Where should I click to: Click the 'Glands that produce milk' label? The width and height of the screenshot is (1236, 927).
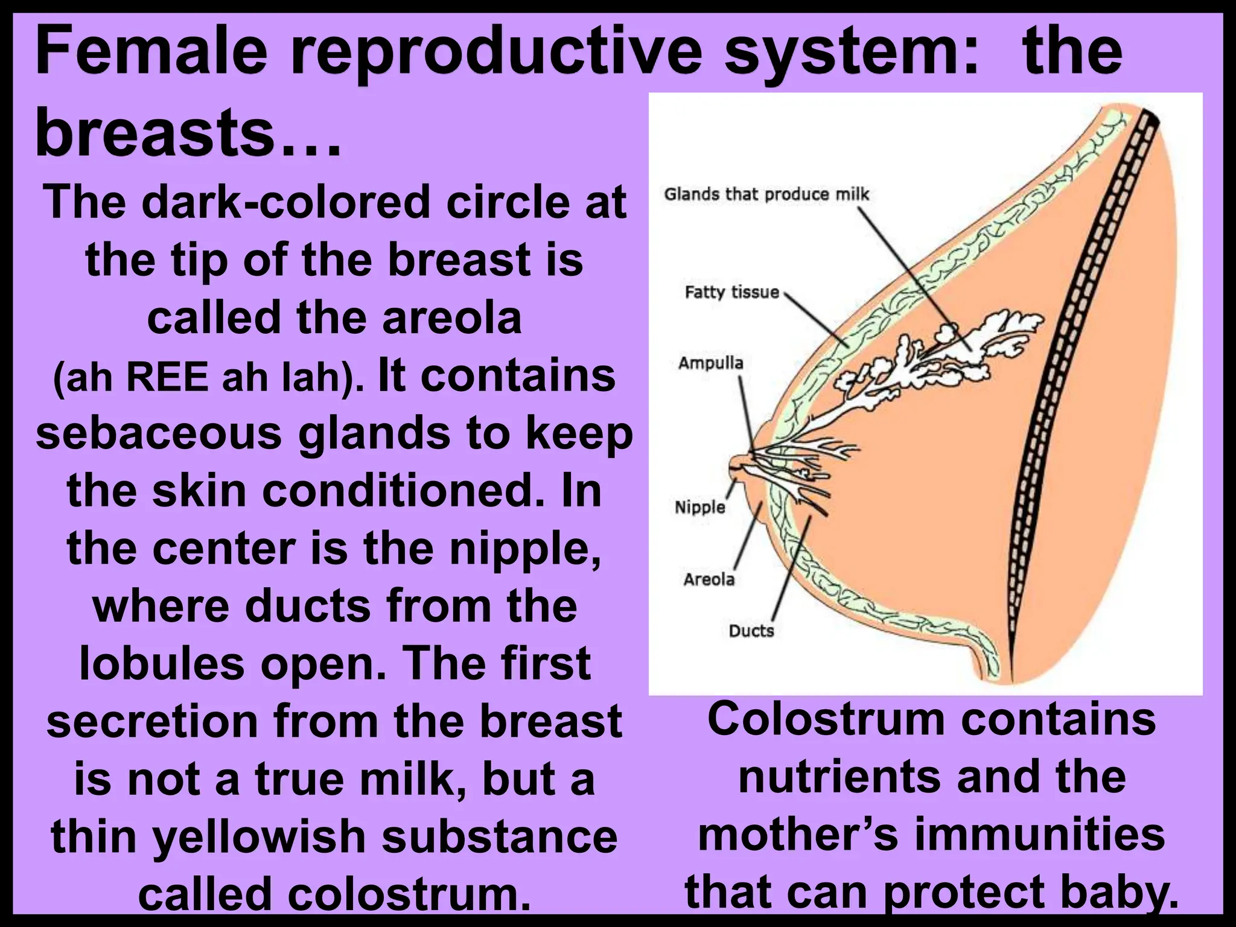pyautogui.click(x=766, y=194)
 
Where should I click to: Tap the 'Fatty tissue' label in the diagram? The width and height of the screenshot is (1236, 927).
pyautogui.click(x=731, y=292)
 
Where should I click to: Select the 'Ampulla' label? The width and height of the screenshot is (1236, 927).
pyautogui.click(x=710, y=363)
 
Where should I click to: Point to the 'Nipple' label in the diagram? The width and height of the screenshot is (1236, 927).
pyautogui.click(x=699, y=507)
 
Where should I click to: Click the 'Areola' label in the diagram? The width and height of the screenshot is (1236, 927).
pyautogui.click(x=709, y=579)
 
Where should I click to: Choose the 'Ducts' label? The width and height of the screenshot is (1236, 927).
pyautogui.click(x=751, y=631)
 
